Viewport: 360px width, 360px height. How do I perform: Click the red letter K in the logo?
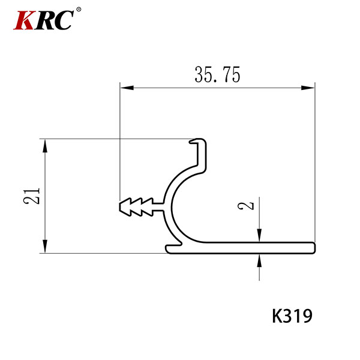[24, 20]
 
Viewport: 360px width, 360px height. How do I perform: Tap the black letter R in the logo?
[45, 20]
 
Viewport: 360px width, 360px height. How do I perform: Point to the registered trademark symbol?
[79, 10]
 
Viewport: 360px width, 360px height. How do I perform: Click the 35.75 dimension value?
[217, 74]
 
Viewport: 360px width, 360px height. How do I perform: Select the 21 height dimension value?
[32, 196]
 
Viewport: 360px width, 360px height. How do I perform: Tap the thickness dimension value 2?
[246, 206]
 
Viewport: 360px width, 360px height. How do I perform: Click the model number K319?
[292, 316]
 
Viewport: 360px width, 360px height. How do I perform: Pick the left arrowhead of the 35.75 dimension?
[127, 88]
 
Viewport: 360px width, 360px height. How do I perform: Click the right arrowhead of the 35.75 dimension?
[308, 88]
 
